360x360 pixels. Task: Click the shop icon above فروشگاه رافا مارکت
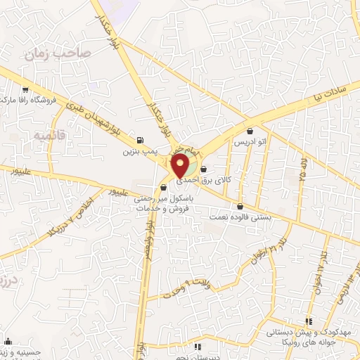(x=26, y=89)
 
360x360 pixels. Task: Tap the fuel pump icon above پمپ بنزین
(x=141, y=140)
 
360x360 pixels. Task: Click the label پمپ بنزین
(x=139, y=150)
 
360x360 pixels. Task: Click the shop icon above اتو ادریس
(x=251, y=130)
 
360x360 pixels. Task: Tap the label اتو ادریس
(x=251, y=141)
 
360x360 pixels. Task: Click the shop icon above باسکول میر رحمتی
(x=163, y=187)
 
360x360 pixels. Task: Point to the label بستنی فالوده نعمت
(x=242, y=218)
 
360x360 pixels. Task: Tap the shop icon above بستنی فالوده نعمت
(x=242, y=207)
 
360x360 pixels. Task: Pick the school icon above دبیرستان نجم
(x=198, y=347)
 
